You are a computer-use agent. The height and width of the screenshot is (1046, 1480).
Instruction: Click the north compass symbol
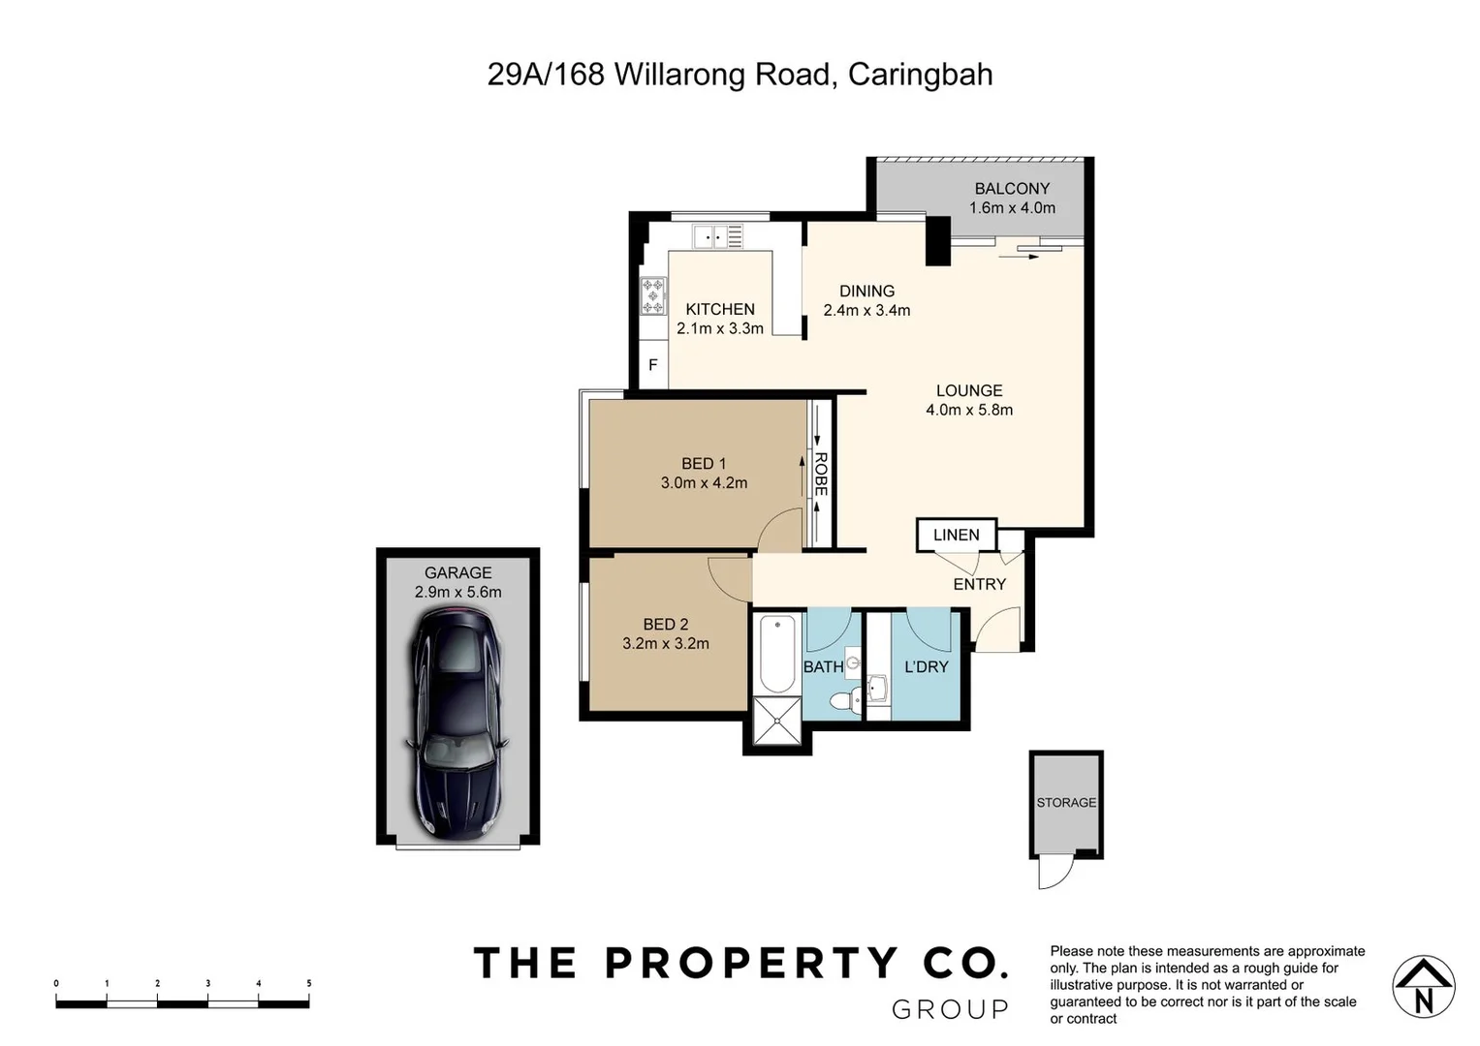1423,987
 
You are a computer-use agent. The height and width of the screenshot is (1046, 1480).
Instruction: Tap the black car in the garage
457,722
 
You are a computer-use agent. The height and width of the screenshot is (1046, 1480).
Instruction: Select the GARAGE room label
457,573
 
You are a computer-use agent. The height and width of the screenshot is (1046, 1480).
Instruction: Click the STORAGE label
1066,803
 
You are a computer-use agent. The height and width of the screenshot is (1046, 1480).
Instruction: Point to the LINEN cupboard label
956,535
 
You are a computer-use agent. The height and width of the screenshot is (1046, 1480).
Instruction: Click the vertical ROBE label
821,475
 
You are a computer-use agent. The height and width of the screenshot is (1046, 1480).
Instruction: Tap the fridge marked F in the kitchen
653,365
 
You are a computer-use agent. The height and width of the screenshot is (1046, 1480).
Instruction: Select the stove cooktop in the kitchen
653,295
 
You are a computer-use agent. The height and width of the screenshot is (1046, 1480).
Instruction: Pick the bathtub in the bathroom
777,653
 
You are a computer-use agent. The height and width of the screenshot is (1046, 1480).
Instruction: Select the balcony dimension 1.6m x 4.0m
1012,208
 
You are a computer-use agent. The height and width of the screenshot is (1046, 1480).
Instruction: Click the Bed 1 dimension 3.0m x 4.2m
704,483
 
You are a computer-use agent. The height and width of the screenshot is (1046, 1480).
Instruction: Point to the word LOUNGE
969,391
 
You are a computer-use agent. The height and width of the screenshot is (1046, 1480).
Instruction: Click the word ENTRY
979,584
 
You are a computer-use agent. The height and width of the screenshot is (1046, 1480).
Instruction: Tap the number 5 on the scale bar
309,984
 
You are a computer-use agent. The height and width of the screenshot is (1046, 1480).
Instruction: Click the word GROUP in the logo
950,1010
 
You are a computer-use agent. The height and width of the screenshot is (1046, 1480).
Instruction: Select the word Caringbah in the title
920,75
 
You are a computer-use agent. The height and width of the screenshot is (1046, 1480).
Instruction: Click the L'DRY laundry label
926,667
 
